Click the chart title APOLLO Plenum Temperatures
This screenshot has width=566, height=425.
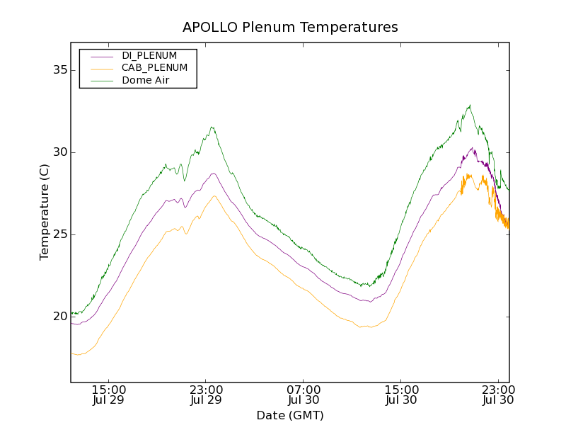coord(290,28)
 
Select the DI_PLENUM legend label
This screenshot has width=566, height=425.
coord(149,55)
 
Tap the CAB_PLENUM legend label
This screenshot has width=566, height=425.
coord(154,68)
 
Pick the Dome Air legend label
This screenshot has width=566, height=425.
coord(146,81)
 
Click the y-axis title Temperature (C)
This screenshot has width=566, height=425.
coord(45,212)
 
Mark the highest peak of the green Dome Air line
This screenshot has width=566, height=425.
coord(469,106)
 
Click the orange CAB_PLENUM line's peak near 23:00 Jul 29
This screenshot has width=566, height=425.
coord(214,196)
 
